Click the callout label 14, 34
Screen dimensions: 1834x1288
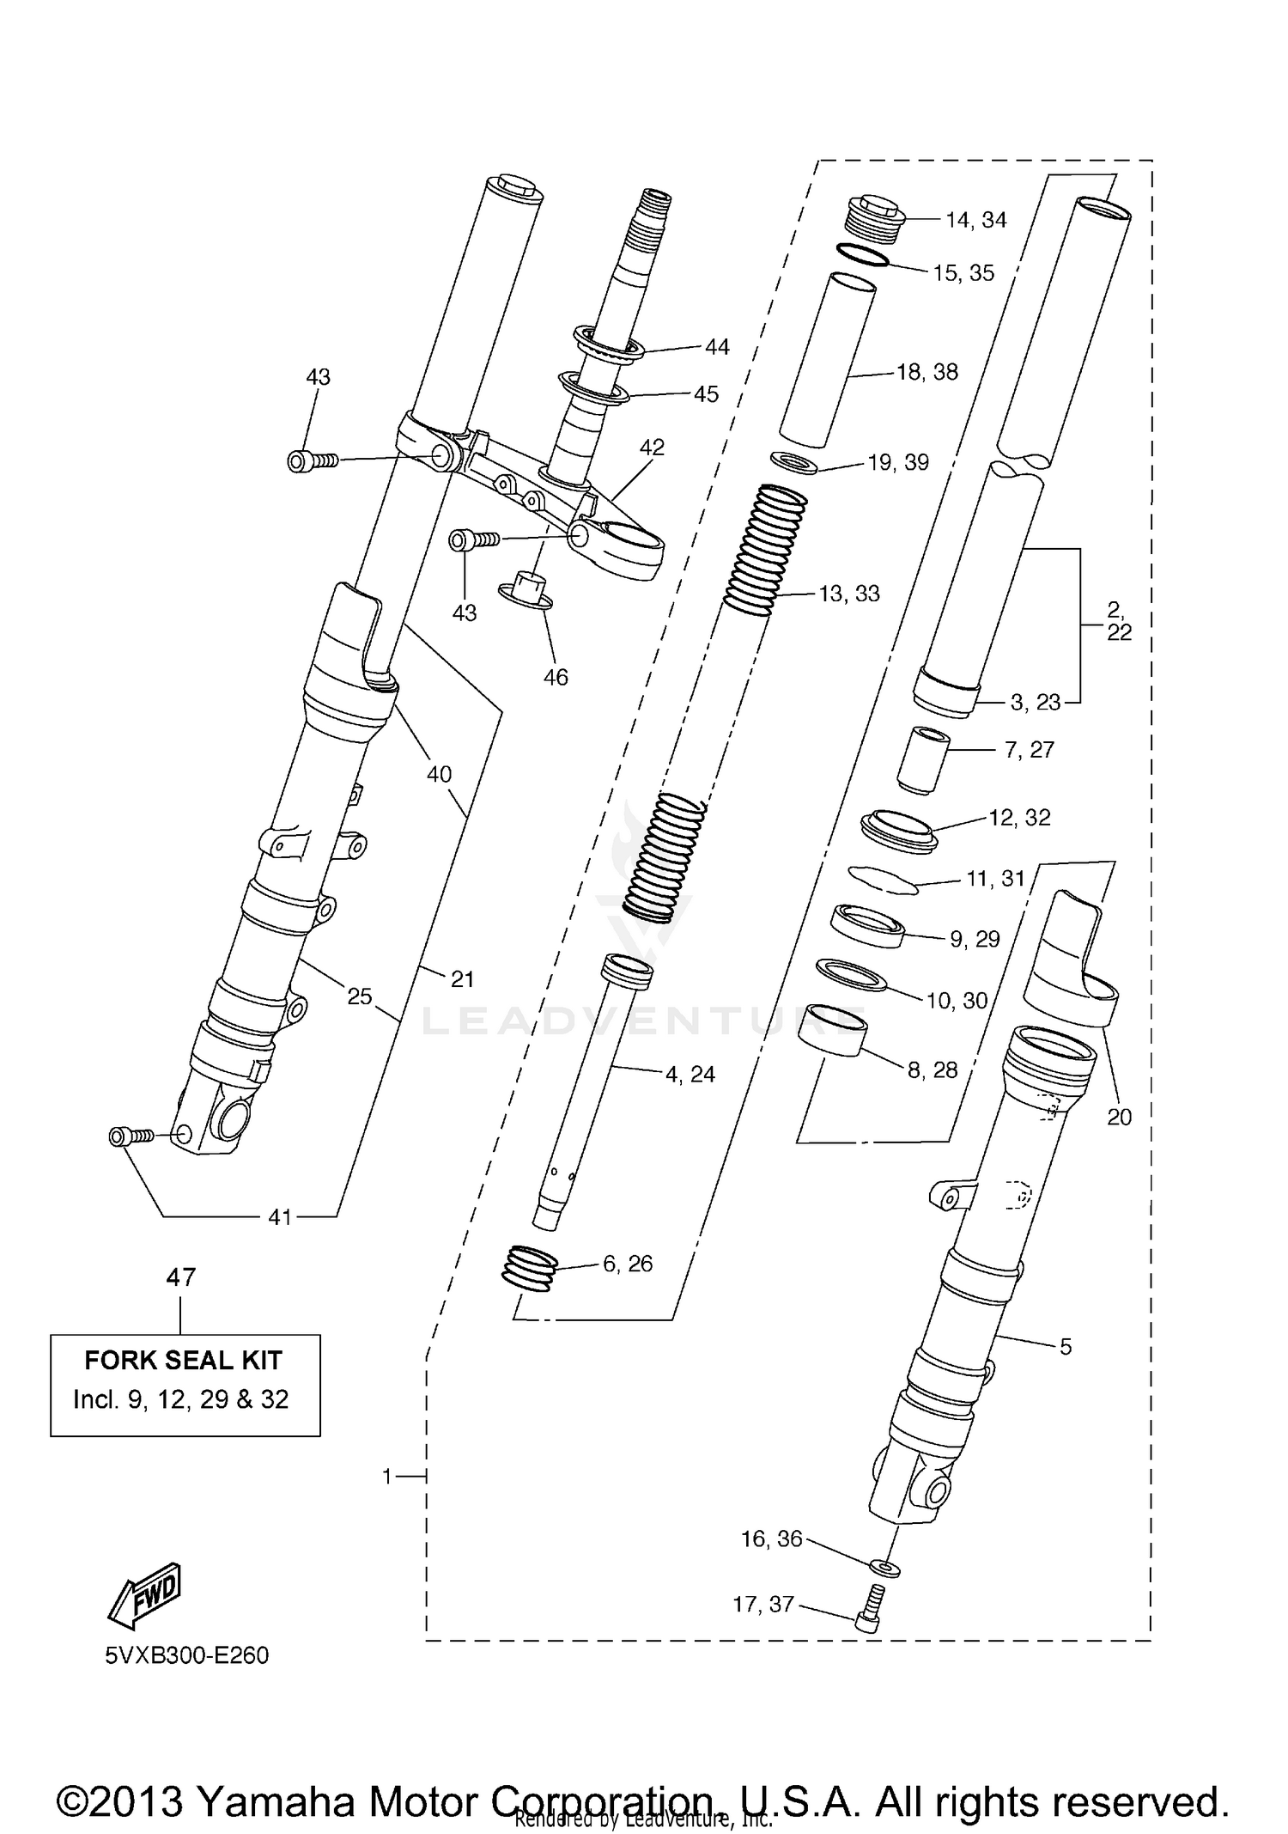[x=975, y=220]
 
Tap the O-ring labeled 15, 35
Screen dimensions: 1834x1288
[x=861, y=255]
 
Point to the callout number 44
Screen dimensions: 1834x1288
[x=717, y=346]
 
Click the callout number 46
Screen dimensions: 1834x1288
[x=556, y=677]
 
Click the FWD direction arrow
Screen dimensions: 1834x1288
[x=144, y=1595]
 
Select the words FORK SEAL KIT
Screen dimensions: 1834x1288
[x=184, y=1361]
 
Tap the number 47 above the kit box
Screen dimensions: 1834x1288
[x=180, y=1277]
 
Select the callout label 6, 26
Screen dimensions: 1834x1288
[x=628, y=1264]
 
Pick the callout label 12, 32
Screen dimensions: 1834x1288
[x=1019, y=817]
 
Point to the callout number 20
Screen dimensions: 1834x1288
[x=1119, y=1117]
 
